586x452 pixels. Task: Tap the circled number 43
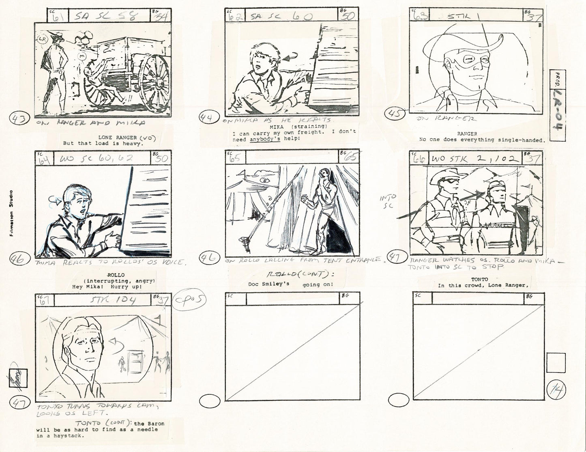[x=19, y=120]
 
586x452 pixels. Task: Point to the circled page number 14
[x=554, y=391]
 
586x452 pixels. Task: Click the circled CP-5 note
[x=190, y=301]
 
